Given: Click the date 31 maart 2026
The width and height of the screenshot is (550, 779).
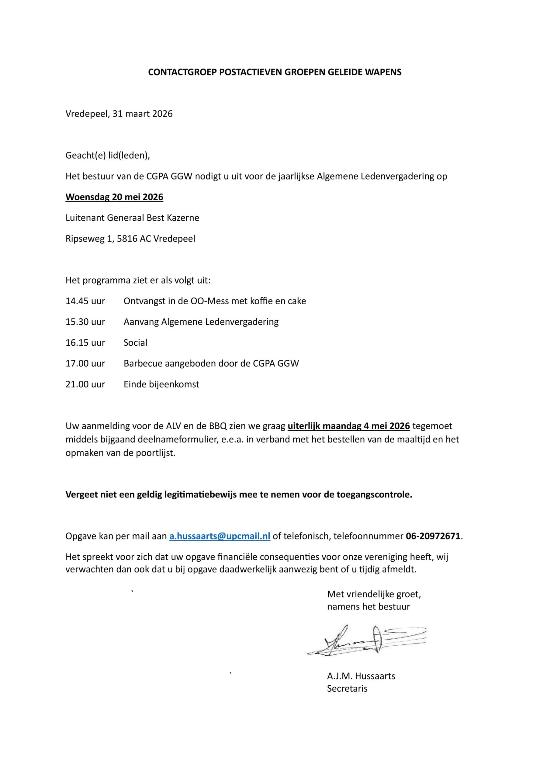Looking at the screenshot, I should [142, 114].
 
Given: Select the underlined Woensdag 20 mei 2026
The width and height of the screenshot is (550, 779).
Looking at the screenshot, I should [114, 197].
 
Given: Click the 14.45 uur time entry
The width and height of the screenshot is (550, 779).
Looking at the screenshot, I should [85, 301].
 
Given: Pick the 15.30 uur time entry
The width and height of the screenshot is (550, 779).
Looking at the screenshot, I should [85, 322].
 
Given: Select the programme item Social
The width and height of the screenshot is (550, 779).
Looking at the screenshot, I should [135, 343].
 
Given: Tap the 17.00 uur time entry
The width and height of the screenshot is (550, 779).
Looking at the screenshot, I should [85, 364].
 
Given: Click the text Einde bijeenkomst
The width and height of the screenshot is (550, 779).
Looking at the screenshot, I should [161, 384].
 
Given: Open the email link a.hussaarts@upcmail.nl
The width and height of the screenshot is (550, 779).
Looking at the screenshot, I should [220, 536].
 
